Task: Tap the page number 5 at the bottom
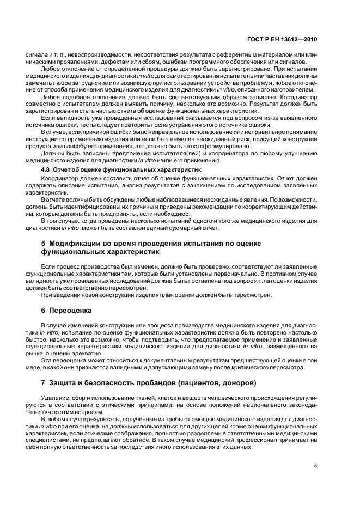click(315, 465)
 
